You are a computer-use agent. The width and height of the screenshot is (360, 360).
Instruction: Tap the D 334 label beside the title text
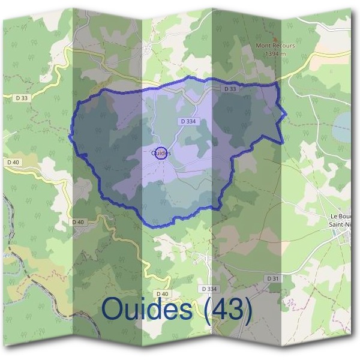tap(209, 289)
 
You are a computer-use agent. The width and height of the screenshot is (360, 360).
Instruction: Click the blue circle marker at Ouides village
tap(161, 152)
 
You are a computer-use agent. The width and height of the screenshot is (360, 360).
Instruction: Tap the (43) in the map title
tap(227, 308)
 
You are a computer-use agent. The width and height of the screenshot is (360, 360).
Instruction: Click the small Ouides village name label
tap(161, 154)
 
